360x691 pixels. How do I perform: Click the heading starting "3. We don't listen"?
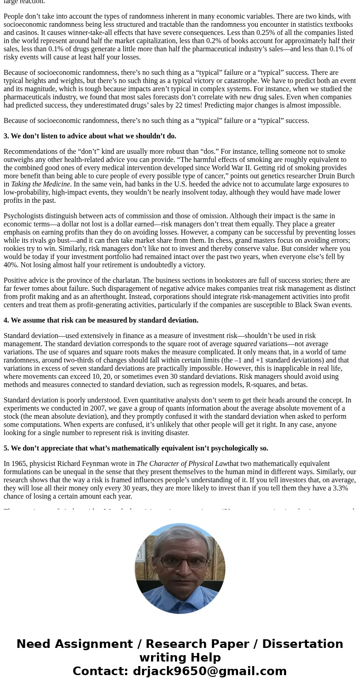(90, 136)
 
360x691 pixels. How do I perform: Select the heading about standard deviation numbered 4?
(101, 320)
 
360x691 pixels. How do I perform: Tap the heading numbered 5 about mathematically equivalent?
(136, 448)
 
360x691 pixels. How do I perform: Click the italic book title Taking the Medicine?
(40, 184)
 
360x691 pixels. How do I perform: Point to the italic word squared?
(245, 344)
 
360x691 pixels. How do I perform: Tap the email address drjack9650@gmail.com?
(209, 671)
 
